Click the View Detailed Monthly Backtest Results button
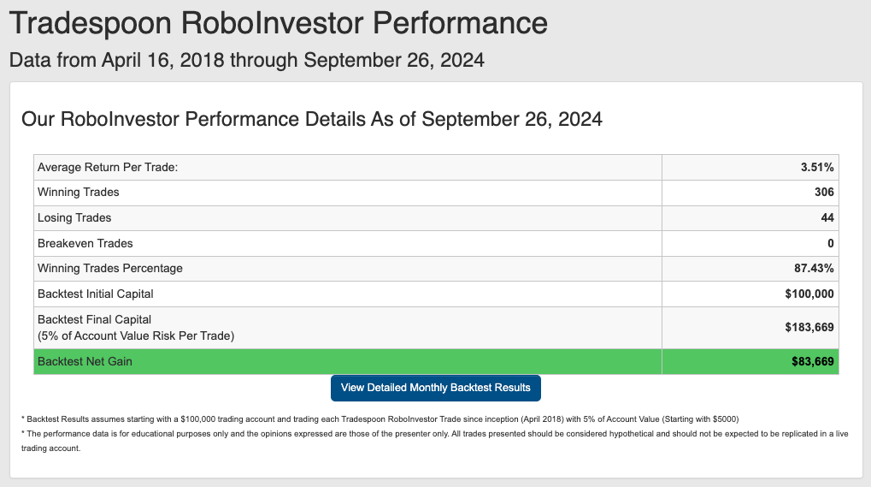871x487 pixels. click(x=436, y=388)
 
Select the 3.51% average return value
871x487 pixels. click(x=817, y=168)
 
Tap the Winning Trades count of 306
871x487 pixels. click(x=824, y=193)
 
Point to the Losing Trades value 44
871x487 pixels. click(x=827, y=218)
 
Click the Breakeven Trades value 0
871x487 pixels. click(x=831, y=243)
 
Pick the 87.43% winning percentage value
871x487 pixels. click(x=814, y=269)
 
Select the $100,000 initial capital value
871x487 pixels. click(x=809, y=294)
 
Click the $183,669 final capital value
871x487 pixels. click(x=809, y=328)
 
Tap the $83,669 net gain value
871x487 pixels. click(x=813, y=362)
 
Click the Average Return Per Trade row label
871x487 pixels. click(x=108, y=168)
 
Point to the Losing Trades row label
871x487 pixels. click(x=74, y=218)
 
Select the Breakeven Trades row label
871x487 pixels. click(x=85, y=243)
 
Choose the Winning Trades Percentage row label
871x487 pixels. click(x=110, y=269)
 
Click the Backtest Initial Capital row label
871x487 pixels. click(x=96, y=294)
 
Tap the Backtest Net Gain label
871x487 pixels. click(x=85, y=362)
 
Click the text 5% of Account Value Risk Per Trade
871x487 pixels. click(x=136, y=336)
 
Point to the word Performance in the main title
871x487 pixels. click(x=460, y=23)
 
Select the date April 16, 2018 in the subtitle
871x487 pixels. click(x=162, y=60)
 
